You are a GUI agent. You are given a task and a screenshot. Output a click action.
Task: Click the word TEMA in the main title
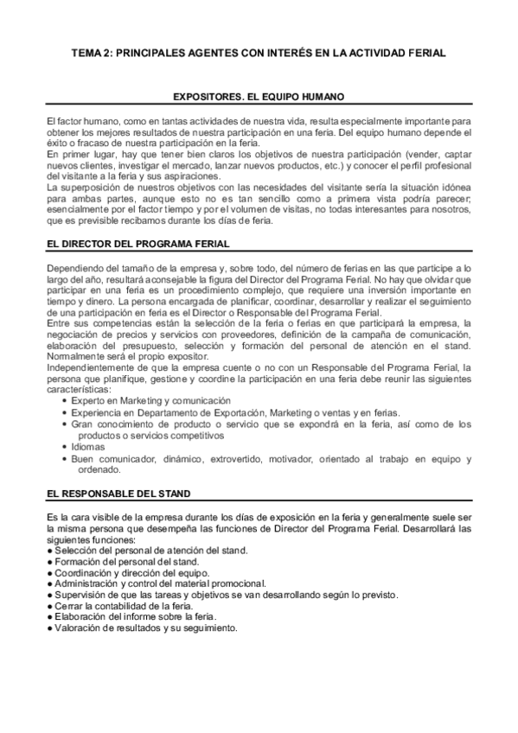pyautogui.click(x=86, y=54)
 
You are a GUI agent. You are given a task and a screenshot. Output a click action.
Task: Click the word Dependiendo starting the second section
pyautogui.click(x=76, y=269)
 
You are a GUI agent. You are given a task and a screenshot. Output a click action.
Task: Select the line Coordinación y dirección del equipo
pyautogui.click(x=131, y=572)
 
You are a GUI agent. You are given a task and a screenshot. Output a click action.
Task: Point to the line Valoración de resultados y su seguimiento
pyautogui.click(x=144, y=628)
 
